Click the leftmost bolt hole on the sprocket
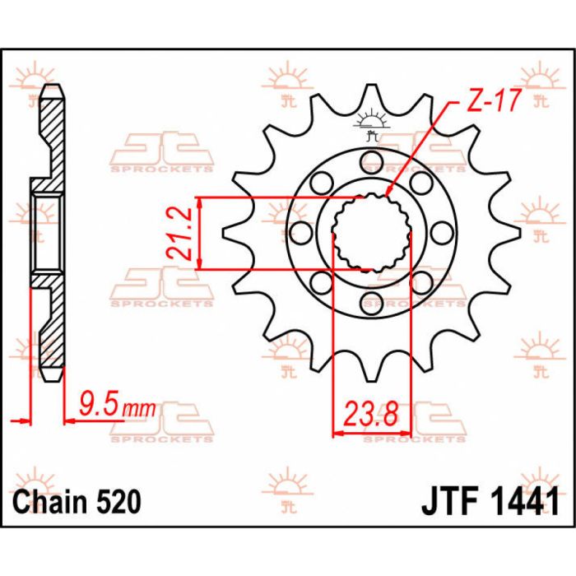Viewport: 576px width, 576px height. point(301,231)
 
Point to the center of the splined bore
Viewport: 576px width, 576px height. point(371,231)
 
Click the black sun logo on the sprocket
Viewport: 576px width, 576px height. point(371,123)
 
